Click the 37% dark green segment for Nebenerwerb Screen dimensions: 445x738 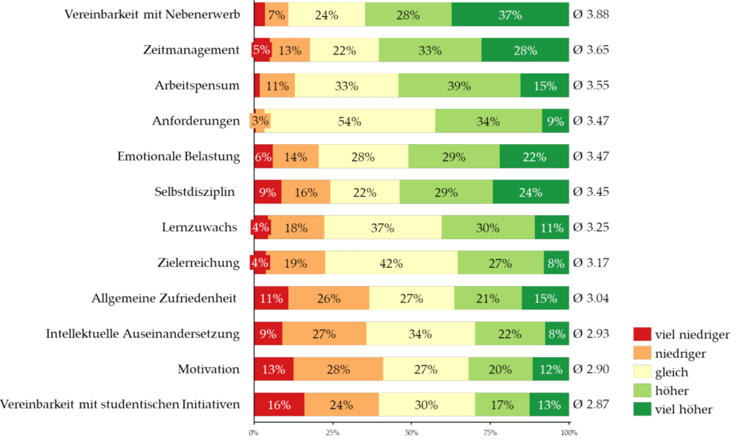pos(510,14)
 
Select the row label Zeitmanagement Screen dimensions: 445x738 pos(191,50)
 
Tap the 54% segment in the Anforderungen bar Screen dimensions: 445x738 pos(350,121)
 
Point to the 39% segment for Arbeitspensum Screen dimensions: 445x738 pos(459,86)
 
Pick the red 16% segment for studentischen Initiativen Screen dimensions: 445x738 pos(279,405)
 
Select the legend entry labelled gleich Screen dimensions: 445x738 pos(671,372)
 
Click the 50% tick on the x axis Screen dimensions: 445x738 pos(412,433)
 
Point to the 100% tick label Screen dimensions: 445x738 pos(569,433)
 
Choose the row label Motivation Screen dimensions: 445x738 pos(208,369)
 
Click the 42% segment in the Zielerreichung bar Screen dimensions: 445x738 pos(391,263)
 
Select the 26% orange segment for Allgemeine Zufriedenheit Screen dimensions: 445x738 pos(329,298)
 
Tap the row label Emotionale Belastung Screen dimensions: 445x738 pos(178,156)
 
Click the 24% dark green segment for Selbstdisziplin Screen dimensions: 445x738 pos(530,192)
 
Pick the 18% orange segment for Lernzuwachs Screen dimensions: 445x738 pos(296,228)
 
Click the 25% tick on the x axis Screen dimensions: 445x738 pos(332,433)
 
